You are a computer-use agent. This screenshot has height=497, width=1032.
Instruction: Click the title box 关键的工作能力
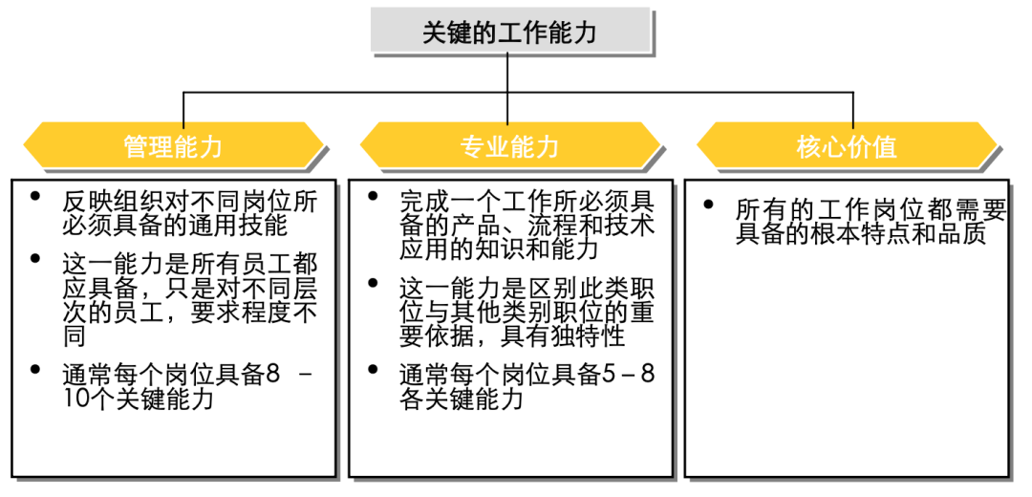tap(510, 32)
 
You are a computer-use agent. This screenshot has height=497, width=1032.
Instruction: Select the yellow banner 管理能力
tap(174, 146)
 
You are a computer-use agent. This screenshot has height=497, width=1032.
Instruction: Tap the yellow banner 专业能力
tap(510, 146)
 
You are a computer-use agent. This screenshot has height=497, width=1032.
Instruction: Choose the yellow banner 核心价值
tap(847, 146)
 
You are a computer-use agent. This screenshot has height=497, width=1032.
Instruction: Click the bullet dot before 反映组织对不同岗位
tap(35, 196)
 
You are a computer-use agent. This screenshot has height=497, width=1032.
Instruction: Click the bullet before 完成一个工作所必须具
tap(373, 196)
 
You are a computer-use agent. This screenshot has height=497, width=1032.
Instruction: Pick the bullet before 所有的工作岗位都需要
tap(708, 204)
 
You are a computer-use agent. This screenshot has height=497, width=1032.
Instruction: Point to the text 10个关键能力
tap(138, 399)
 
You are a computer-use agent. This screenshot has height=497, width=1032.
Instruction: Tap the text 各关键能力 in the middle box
tap(462, 399)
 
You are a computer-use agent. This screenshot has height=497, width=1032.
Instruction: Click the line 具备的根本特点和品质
tap(861, 234)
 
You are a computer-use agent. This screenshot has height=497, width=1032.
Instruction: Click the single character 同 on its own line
tap(74, 336)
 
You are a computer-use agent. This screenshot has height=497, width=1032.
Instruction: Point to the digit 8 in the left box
tap(272, 375)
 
